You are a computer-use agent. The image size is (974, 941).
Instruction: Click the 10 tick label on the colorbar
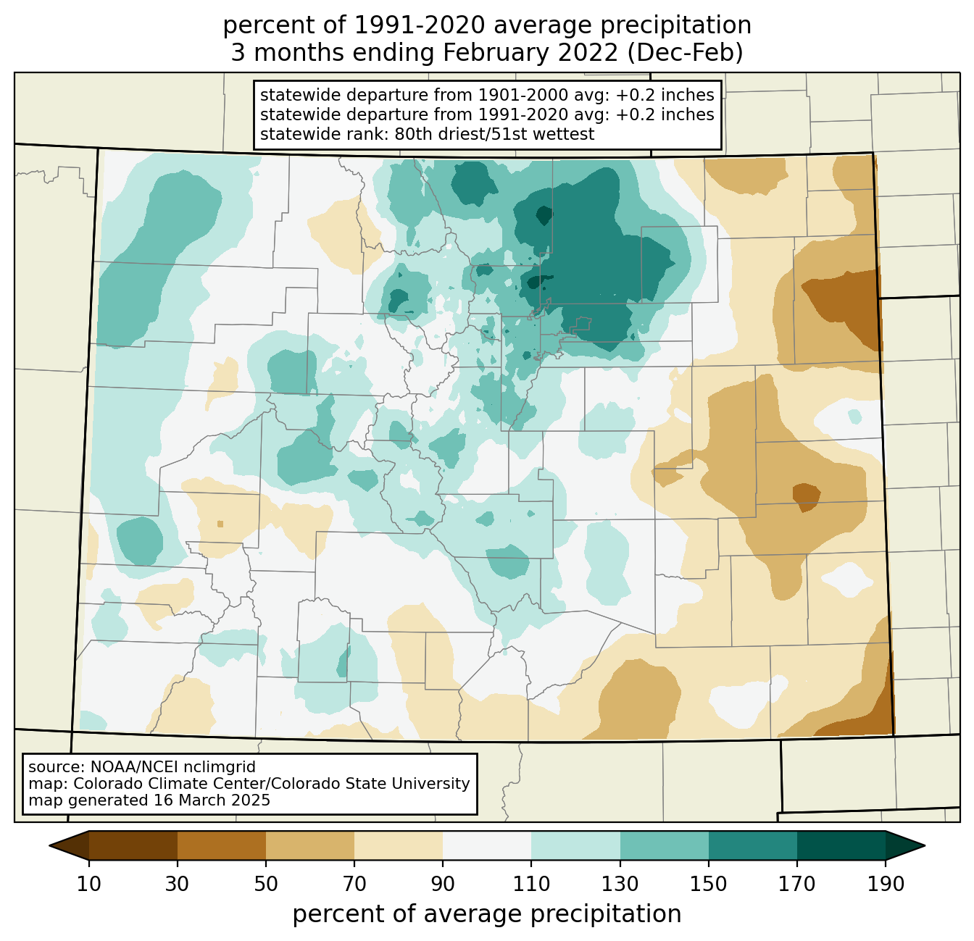click(88, 884)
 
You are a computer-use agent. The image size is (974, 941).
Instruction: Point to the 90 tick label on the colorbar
click(443, 884)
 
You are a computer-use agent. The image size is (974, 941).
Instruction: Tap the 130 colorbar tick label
click(620, 884)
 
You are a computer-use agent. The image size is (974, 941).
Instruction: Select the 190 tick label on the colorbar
click(886, 884)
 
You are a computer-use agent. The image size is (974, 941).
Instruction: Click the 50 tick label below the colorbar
click(266, 884)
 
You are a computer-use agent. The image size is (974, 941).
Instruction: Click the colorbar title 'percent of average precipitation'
click(486, 914)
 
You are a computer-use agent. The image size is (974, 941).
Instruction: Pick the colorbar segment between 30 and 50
click(221, 845)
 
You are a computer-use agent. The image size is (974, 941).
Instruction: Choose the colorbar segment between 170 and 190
click(841, 845)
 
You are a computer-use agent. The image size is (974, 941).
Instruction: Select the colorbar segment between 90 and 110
click(487, 845)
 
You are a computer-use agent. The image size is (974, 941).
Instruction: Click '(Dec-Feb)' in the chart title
click(685, 53)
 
